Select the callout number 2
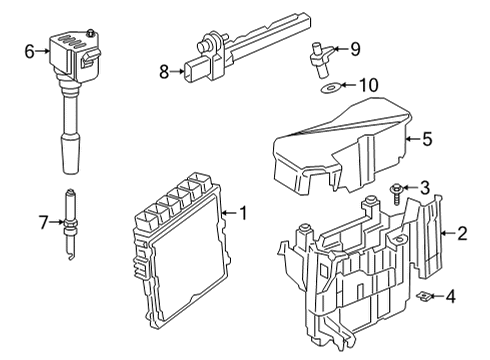(462, 234)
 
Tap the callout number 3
(424, 188)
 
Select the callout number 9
(354, 47)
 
